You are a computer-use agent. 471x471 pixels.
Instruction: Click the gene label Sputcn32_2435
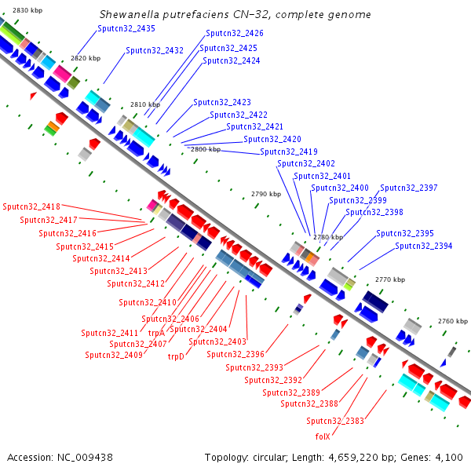(x=126, y=28)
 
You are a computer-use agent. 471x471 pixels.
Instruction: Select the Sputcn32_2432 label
(x=155, y=50)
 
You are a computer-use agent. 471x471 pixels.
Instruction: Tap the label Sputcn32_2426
(x=235, y=34)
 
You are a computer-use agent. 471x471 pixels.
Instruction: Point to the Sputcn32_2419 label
(x=289, y=152)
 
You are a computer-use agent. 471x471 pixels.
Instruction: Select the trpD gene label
(x=176, y=356)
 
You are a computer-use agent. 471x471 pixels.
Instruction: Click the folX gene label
(x=323, y=436)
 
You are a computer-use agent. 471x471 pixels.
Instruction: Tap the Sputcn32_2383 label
(x=335, y=421)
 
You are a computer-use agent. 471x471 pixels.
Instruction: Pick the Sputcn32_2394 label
(x=424, y=246)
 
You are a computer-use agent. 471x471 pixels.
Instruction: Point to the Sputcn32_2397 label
(x=409, y=188)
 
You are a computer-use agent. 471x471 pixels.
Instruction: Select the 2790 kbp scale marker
(x=265, y=194)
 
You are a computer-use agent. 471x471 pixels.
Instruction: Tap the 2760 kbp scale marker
(x=452, y=321)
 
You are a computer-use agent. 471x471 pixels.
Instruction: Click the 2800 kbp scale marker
(x=206, y=149)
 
